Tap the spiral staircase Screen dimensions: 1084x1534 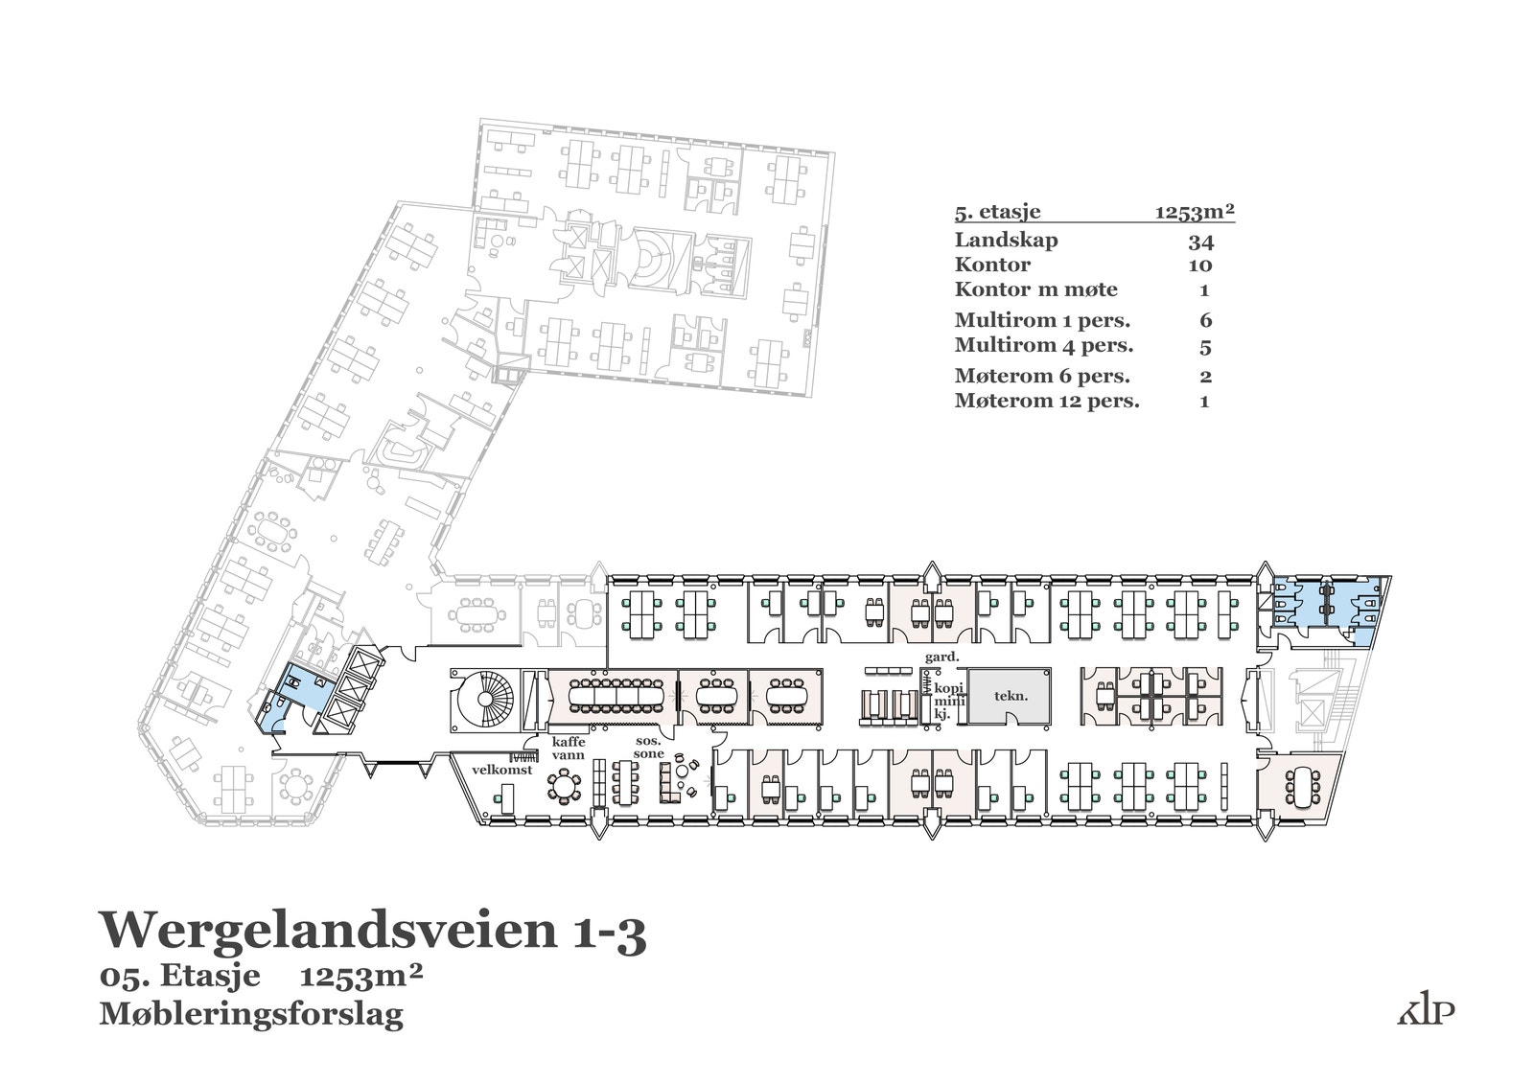483,700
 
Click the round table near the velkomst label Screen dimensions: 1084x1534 564,787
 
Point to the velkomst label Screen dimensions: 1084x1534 502,769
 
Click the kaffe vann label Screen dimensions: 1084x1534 568,749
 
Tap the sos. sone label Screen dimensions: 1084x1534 649,748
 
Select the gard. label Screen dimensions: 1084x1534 941,657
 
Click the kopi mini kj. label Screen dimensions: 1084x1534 948,701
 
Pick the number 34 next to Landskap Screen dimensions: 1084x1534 1200,241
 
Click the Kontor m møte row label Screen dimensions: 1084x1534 1035,289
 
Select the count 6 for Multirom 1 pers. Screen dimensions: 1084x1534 1205,320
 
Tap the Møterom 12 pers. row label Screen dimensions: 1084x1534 1047,401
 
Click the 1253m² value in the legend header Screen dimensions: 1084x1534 1194,213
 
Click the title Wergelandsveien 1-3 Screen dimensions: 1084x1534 373,930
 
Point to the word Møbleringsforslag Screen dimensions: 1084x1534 251,1013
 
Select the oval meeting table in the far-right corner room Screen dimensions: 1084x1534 1301,786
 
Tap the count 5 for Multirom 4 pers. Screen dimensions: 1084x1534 1205,346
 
